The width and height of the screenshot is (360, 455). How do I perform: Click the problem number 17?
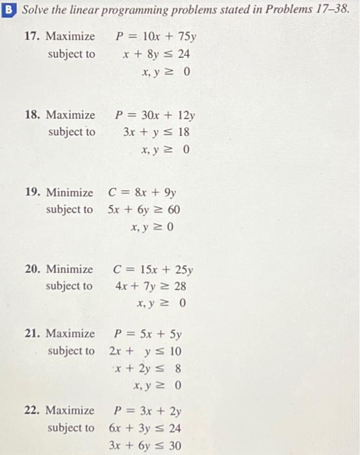pos(31,36)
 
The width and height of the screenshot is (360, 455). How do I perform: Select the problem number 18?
pos(31,115)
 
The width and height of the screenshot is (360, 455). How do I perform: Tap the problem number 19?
pos(31,192)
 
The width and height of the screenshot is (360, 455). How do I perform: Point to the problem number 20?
pos(31,268)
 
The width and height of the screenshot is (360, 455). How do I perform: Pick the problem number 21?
pos(31,334)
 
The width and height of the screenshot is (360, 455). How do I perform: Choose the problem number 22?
pos(31,411)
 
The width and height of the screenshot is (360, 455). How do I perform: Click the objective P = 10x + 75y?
pos(153,36)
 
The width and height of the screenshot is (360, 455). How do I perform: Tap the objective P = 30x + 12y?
pos(155,115)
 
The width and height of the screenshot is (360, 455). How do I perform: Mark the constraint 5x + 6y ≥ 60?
pos(144,210)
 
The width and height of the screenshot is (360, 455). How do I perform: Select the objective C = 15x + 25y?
pos(153,268)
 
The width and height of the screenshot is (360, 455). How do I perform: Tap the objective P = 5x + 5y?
pos(148,334)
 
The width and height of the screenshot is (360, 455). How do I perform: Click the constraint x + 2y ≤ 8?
pos(149,369)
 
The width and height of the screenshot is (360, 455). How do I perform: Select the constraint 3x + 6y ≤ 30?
pos(149,446)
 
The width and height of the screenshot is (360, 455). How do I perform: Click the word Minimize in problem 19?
pos(70,192)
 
